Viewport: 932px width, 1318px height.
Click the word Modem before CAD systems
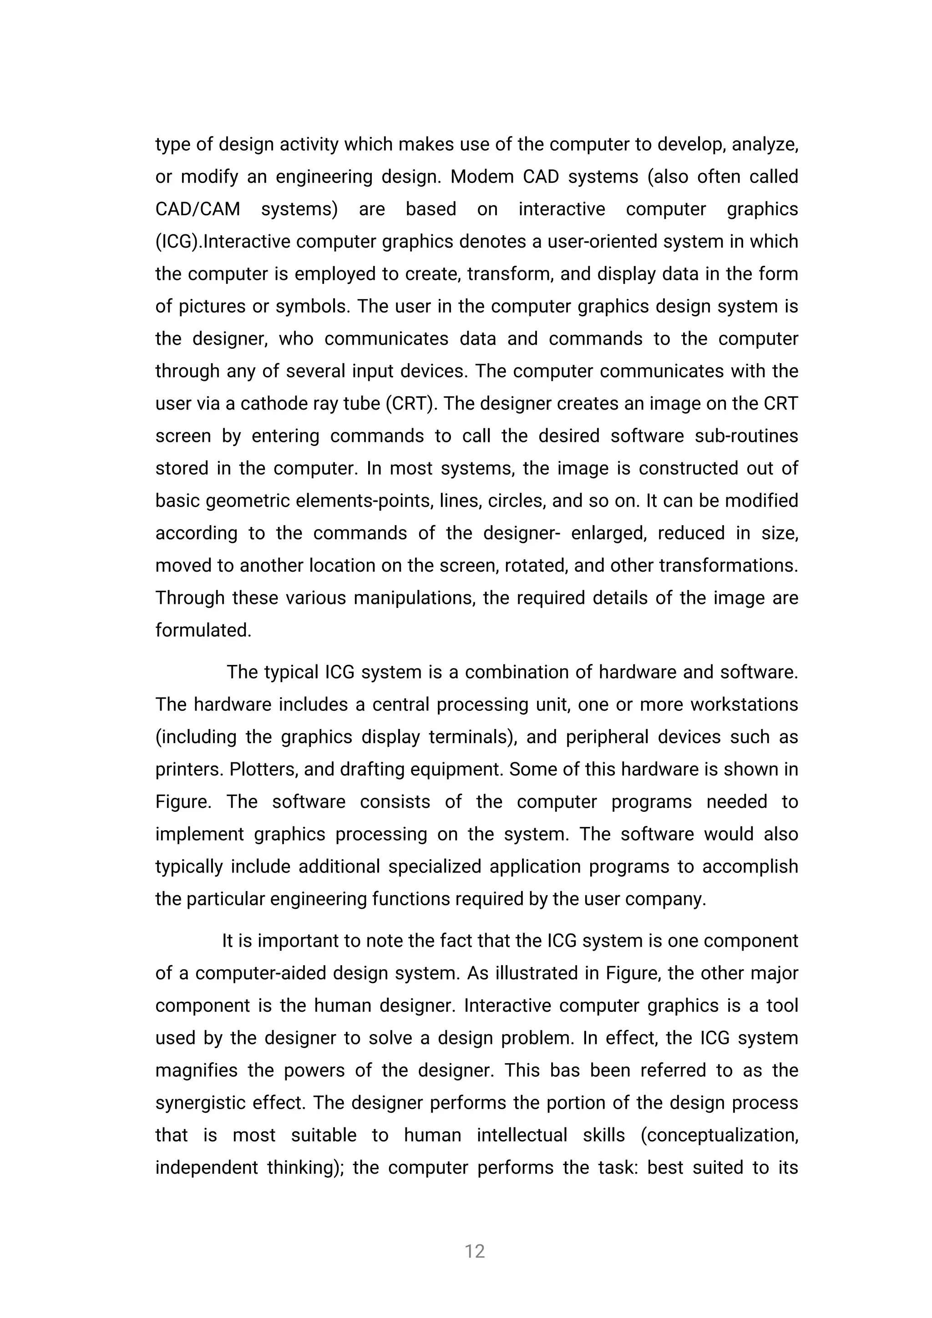(481, 177)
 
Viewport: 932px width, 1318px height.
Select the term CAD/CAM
(198, 209)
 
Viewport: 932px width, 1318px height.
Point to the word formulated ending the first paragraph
(203, 630)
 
